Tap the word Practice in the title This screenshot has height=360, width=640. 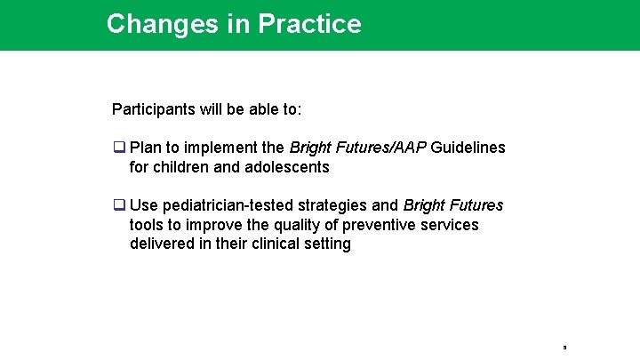point(309,23)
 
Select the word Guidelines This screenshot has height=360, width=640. point(468,148)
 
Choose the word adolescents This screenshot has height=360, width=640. point(288,167)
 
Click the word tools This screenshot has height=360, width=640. point(147,225)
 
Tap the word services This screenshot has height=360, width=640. point(451,225)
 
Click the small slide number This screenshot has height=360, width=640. point(564,347)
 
